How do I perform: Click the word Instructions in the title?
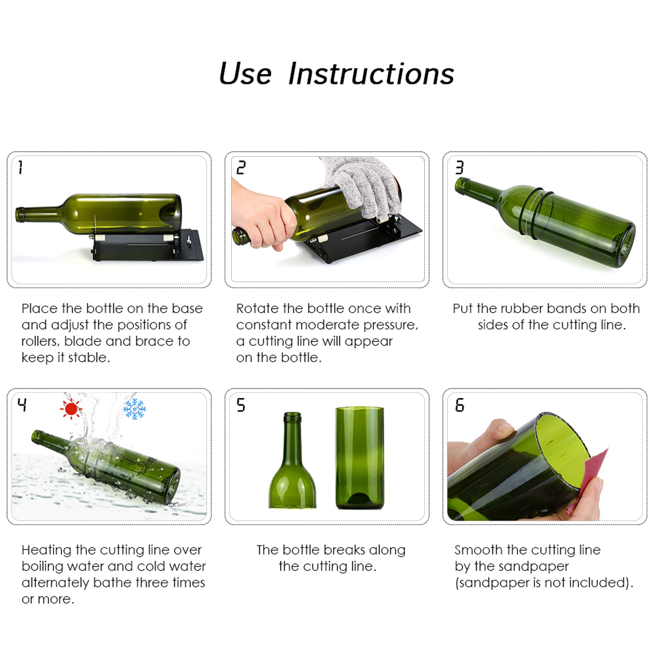point(371,74)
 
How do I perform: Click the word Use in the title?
point(245,74)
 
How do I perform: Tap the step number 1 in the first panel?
point(20,167)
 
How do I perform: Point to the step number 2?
point(241,167)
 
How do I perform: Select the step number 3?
point(459,167)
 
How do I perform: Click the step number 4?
point(22,405)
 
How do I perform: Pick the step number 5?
point(241,405)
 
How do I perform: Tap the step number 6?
point(459,405)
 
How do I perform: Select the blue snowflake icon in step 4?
point(135,409)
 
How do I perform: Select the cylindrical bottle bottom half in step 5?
point(360,457)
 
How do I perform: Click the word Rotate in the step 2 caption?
point(257,308)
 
